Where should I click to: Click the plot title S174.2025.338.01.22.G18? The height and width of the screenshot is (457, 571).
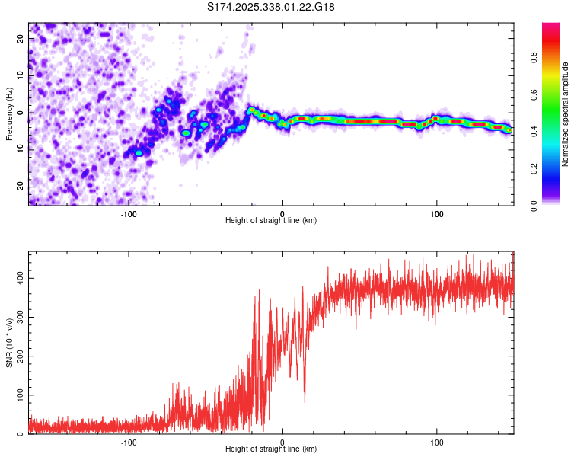click(272, 7)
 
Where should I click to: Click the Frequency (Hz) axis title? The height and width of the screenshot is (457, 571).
click(9, 114)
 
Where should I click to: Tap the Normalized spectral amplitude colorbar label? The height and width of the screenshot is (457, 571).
click(566, 114)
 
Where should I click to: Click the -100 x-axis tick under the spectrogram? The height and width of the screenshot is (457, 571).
click(128, 213)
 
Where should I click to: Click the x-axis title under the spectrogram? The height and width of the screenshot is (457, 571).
click(271, 221)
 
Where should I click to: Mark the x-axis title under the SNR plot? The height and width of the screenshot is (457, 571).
click(271, 449)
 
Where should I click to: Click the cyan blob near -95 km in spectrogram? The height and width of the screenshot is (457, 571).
click(139, 153)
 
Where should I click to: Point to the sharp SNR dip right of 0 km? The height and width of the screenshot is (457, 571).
click(305, 399)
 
